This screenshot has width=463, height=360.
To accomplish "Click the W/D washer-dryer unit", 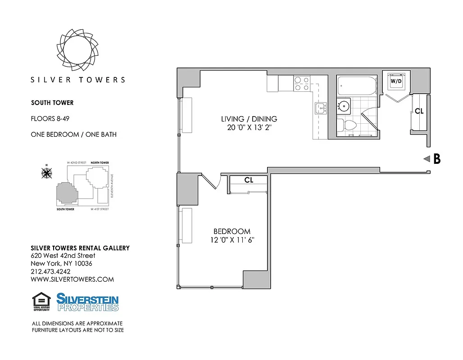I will (396, 81).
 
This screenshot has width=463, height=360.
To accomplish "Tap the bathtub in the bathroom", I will (356, 85).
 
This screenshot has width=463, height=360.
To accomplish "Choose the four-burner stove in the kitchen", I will (302, 84).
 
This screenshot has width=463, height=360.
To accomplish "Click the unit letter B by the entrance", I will (436, 159).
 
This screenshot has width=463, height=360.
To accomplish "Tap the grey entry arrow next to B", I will (426, 159).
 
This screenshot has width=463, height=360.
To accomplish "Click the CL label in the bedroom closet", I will (249, 180).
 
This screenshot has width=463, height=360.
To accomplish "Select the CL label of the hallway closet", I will (419, 111).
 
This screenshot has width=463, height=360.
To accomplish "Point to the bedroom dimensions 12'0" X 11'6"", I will (232, 240).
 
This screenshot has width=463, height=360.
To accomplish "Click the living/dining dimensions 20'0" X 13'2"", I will (249, 128).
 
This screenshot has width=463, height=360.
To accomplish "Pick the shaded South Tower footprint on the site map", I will (66, 194).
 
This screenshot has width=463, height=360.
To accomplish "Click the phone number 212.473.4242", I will (50, 271).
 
